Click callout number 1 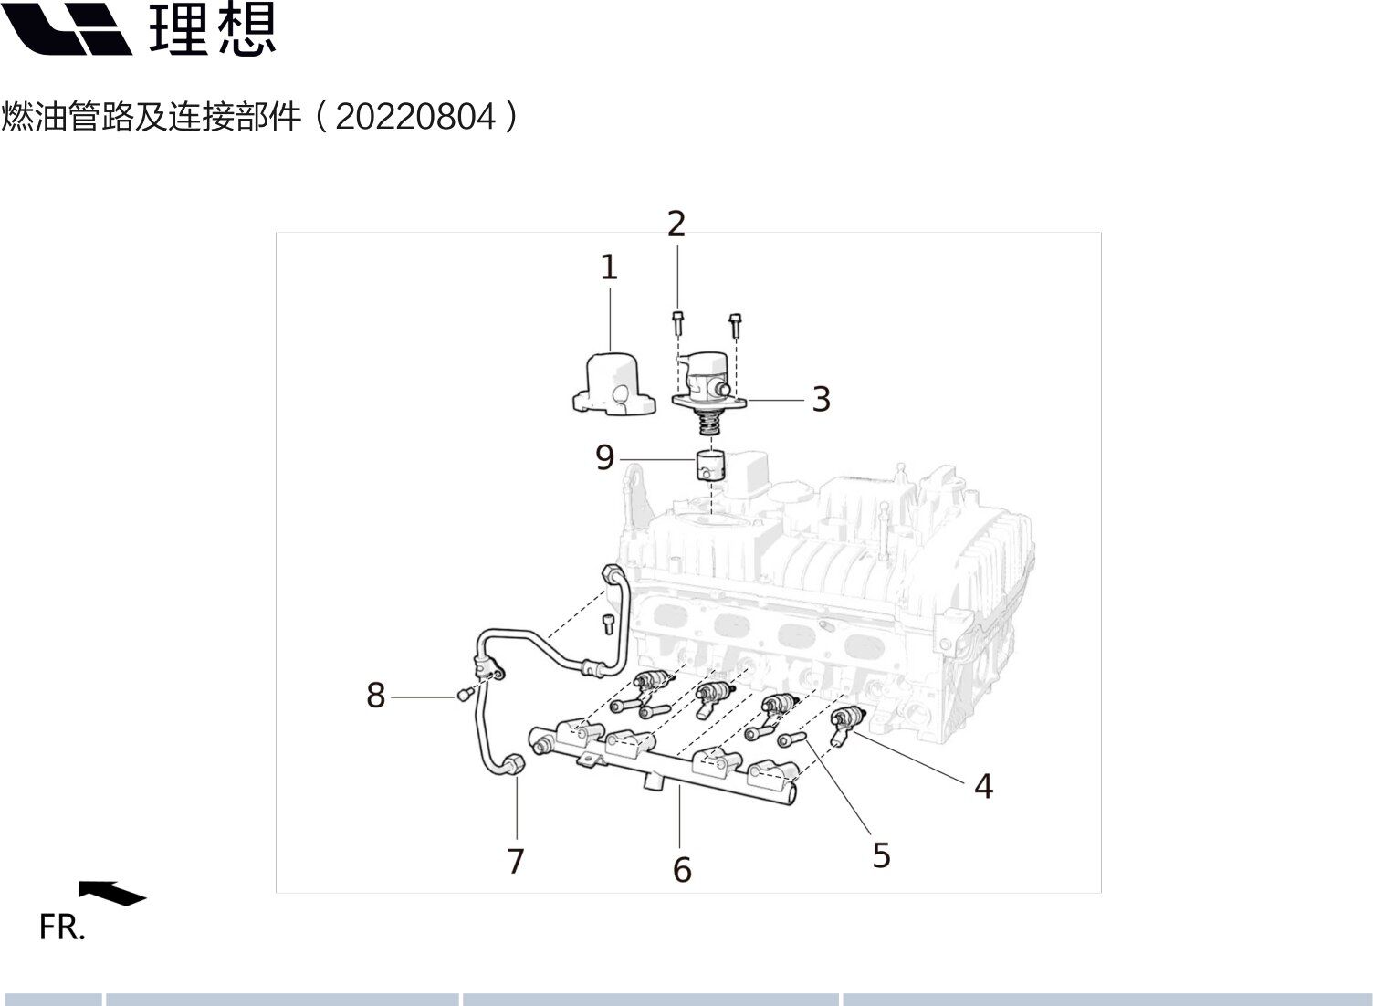pos(608,267)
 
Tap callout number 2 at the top pos(676,224)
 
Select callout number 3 pos(821,399)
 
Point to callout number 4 pos(982,786)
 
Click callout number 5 pos(881,855)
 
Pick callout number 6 pos(682,870)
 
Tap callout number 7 pos(516,861)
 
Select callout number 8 pos(375,696)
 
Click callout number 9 pos(604,457)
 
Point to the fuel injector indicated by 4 pos(846,723)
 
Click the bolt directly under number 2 pos(676,321)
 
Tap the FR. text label pos(62,927)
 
